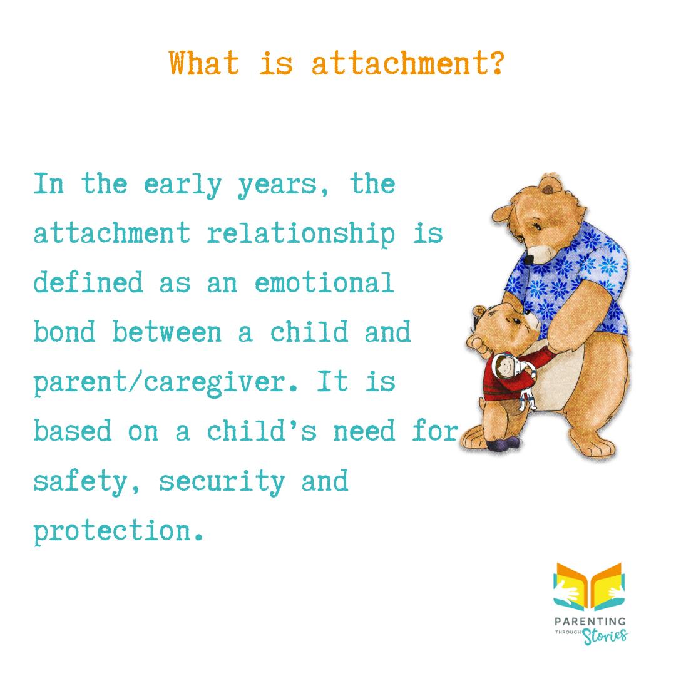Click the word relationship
301,234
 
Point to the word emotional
324,283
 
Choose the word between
167,332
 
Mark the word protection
119,531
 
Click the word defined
88,283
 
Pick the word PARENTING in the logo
590,622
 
